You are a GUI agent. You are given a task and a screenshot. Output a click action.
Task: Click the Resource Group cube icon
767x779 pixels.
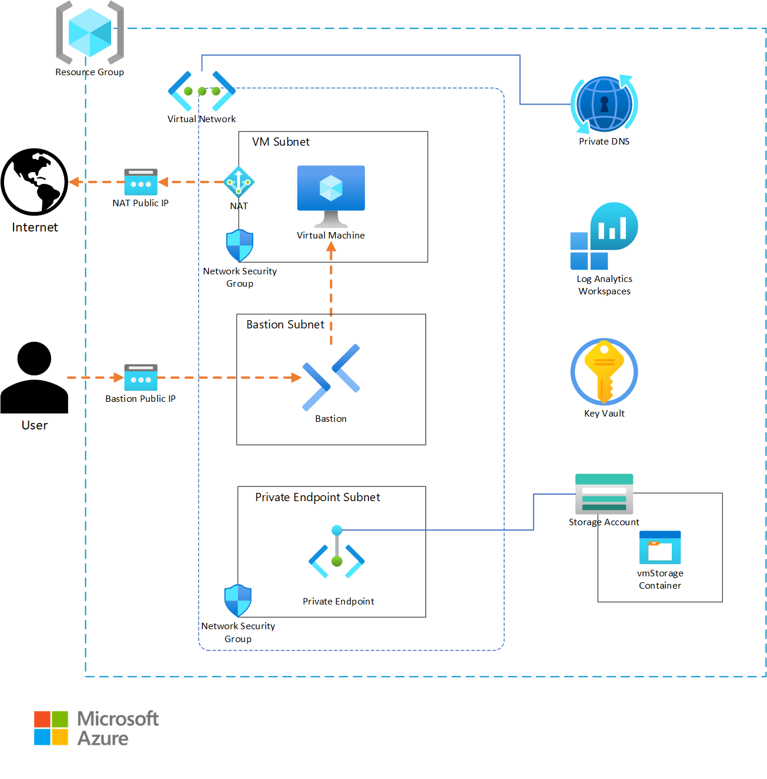(x=90, y=33)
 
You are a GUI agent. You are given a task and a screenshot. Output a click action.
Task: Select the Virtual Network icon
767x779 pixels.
(x=202, y=91)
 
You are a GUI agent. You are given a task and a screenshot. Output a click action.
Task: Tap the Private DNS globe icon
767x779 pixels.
(x=604, y=104)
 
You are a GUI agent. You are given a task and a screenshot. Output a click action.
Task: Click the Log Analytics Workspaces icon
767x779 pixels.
(x=604, y=236)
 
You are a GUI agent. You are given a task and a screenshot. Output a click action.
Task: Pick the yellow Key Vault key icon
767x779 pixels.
(x=604, y=371)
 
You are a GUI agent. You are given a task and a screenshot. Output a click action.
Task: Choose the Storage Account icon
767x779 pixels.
(x=604, y=493)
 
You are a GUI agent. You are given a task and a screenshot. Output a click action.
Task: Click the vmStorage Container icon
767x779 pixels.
(x=660, y=548)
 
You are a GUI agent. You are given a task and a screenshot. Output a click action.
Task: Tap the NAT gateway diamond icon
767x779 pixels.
(x=239, y=182)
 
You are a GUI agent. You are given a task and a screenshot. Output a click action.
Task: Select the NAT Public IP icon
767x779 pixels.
(x=141, y=182)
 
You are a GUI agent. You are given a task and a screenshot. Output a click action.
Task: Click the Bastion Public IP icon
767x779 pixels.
(x=141, y=377)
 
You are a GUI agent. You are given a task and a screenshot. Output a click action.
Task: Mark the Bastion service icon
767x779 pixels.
(x=331, y=377)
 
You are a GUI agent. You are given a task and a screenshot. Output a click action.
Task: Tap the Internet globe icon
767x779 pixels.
(x=35, y=182)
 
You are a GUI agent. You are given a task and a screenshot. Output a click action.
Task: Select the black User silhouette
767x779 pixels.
(x=35, y=377)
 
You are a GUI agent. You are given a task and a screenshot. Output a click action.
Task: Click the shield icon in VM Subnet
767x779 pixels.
(x=240, y=246)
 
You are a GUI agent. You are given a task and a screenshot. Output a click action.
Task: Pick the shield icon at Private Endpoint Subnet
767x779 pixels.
(x=238, y=600)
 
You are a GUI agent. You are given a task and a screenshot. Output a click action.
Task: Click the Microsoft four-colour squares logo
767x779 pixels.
(x=51, y=728)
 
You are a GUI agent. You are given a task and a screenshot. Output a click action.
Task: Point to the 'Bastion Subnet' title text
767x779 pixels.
(x=285, y=325)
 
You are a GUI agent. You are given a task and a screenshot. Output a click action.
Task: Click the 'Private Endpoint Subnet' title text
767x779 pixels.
(x=317, y=498)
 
